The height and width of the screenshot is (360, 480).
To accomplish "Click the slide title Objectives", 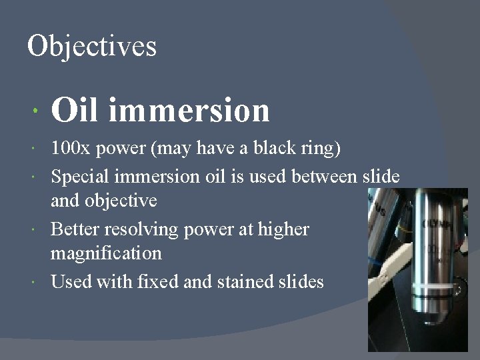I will point(92,46).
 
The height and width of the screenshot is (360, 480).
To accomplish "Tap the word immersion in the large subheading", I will point(188,110).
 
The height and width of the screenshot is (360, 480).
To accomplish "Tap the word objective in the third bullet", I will point(121,200).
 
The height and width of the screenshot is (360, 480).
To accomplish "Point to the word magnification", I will point(106,253).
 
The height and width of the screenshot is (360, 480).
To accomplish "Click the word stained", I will point(243,282).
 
